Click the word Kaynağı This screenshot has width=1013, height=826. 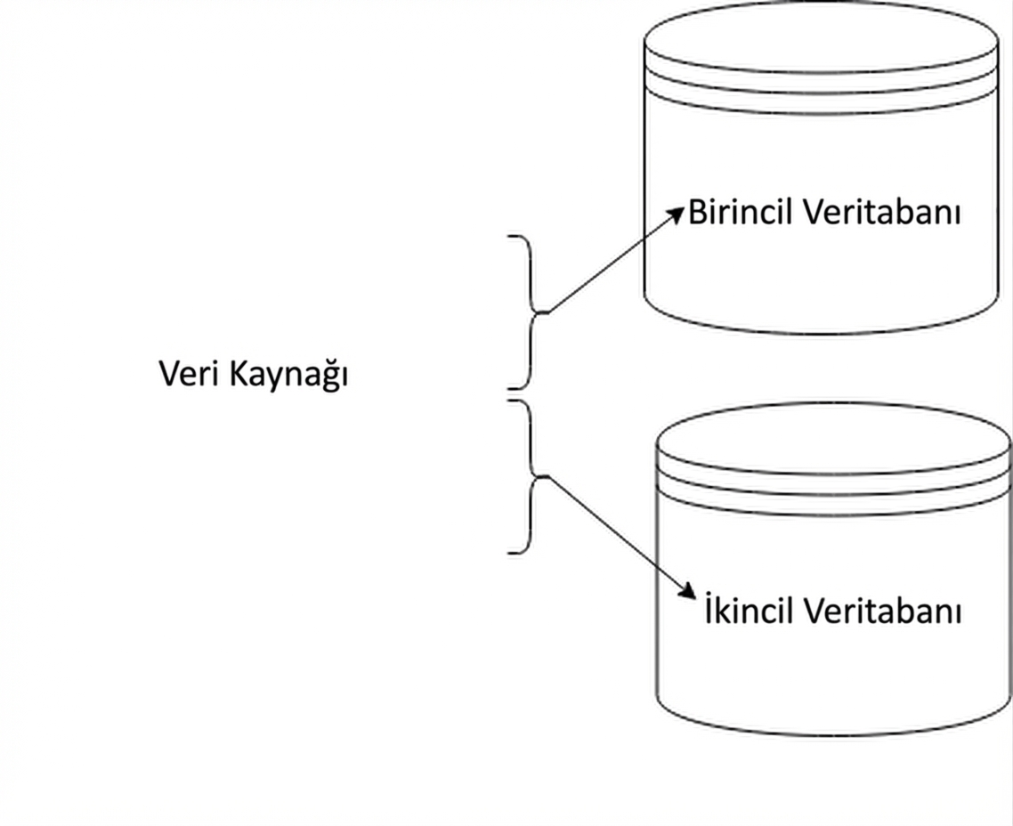click(288, 376)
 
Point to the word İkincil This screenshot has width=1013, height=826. click(750, 612)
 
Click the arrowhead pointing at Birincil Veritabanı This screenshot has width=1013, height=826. click(678, 214)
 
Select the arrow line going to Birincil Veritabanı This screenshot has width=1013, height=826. click(610, 264)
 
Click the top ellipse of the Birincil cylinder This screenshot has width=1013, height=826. click(820, 36)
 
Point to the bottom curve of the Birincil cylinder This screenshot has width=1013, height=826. click(820, 330)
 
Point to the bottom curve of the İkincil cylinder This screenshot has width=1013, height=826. click(834, 732)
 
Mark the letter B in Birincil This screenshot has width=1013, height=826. click(697, 214)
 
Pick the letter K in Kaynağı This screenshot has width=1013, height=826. click(239, 374)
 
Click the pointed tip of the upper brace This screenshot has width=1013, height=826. click(545, 312)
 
